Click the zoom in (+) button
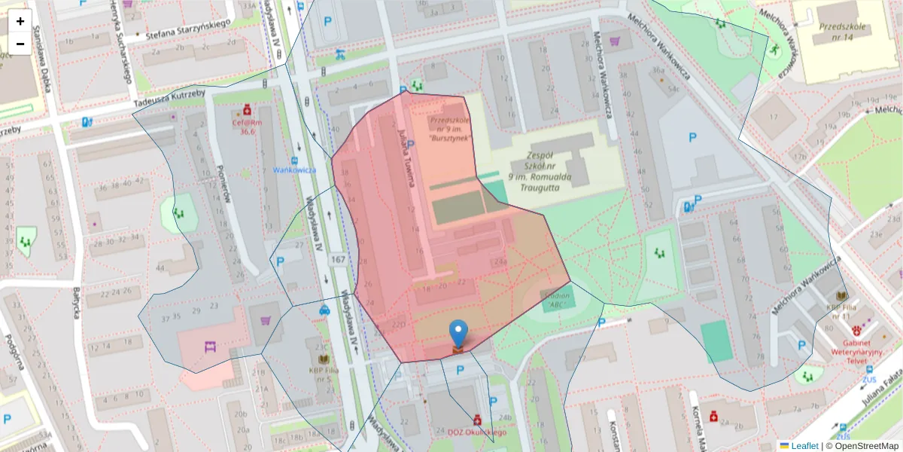tap(20, 21)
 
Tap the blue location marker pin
tap(458, 334)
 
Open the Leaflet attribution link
tap(804, 446)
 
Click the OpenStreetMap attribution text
tap(862, 446)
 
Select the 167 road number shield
tap(338, 260)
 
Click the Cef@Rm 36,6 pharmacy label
tap(247, 127)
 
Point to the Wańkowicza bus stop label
tap(294, 170)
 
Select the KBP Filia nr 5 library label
tap(324, 374)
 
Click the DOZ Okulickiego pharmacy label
tap(477, 432)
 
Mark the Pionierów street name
tap(222, 185)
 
